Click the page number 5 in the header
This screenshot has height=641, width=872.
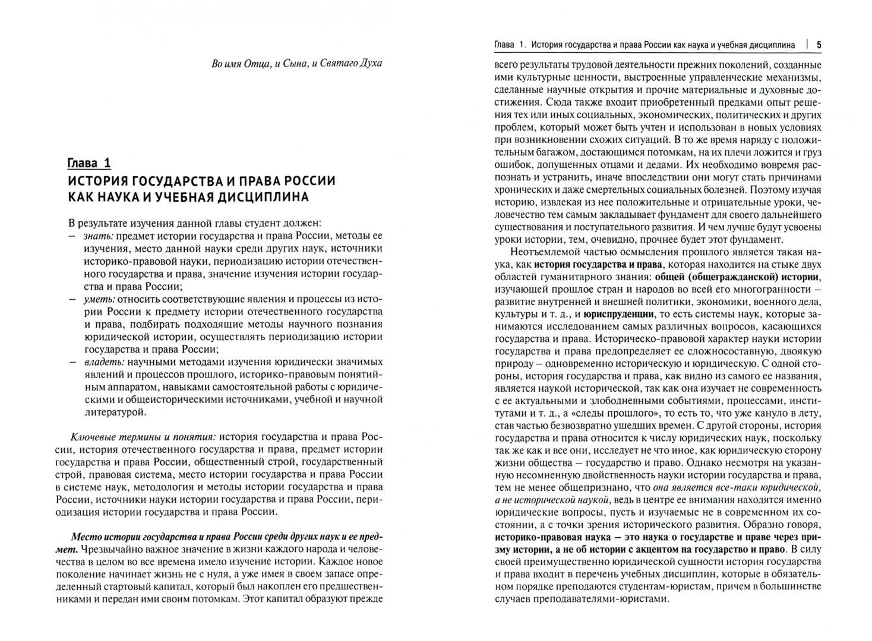click(819, 45)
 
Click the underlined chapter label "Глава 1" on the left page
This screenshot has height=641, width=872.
click(89, 163)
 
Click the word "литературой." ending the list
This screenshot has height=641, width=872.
click(115, 411)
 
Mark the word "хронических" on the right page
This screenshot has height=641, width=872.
click(525, 190)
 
